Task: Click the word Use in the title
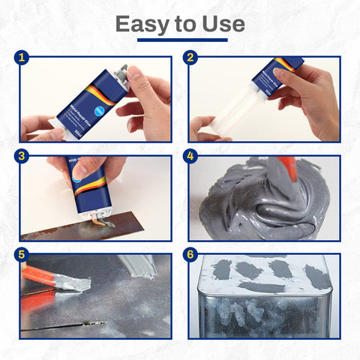(223, 24)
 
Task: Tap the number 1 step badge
(24, 57)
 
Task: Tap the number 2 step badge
(190, 57)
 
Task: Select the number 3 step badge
(24, 156)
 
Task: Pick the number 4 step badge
(190, 156)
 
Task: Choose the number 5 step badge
(24, 254)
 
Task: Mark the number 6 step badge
(190, 254)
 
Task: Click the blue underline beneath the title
(180, 40)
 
